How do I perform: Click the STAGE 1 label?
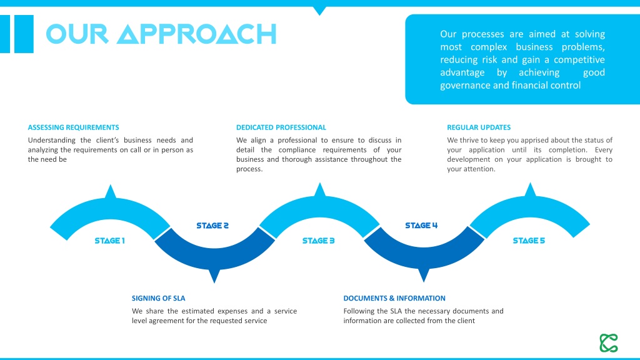[110, 241]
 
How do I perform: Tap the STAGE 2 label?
[212, 226]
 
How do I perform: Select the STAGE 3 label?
[318, 241]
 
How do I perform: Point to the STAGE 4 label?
[421, 225]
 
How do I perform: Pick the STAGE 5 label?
[529, 241]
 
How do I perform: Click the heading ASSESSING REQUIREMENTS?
[74, 127]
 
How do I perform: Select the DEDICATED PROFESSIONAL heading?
[281, 127]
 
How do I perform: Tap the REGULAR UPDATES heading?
[479, 127]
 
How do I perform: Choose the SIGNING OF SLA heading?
[158, 298]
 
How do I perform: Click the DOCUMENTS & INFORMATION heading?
[394, 298]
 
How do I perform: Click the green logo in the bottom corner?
[609, 343]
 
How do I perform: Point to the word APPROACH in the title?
[197, 34]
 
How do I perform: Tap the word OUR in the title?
[77, 34]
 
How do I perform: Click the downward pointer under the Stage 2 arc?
[214, 276]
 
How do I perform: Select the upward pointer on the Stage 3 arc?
[320, 190]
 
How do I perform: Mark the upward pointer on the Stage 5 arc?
[530, 190]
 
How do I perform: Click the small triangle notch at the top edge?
[319, 11]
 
